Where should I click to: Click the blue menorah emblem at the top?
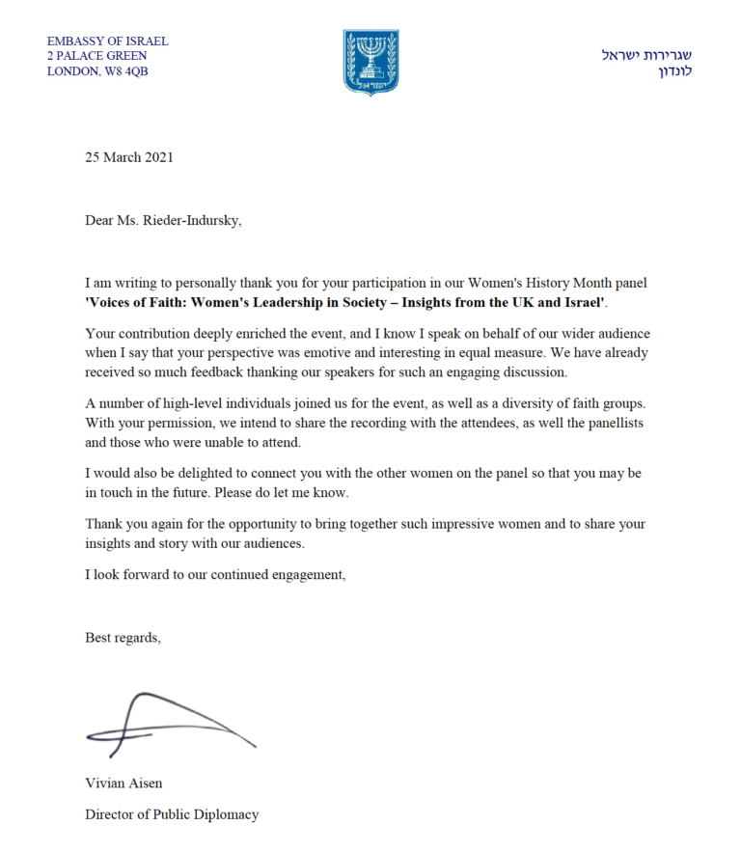[370, 62]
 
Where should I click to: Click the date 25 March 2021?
[129, 157]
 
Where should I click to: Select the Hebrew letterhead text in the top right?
[646, 63]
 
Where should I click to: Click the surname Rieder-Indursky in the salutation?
[193, 220]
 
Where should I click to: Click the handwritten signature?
[169, 724]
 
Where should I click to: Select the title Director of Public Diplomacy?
[172, 814]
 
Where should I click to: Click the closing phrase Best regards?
[123, 638]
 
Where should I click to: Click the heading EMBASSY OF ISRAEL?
[107, 41]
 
